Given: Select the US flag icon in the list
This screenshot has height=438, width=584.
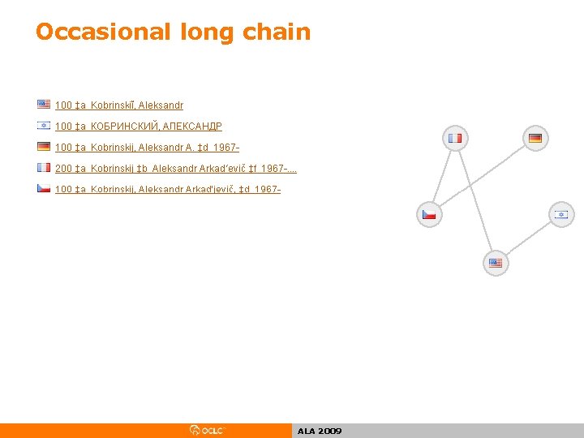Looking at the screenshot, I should coord(44,105).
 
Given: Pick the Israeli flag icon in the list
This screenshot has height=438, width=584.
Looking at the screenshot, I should coord(44,126).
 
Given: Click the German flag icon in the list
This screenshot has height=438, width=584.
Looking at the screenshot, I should coord(44,147).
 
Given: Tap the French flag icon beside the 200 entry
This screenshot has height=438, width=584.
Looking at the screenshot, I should coord(44,168).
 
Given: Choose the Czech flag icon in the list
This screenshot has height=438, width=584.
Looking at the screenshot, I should coord(44,188).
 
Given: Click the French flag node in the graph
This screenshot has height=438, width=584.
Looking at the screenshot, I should coord(455,138).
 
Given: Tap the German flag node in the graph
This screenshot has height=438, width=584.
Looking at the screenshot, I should coord(535,138).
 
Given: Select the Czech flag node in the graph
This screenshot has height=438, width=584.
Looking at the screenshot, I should coord(429,214).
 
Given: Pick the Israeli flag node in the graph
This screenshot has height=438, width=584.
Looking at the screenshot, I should coord(560,214).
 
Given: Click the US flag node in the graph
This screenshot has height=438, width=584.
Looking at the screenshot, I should coord(496,263).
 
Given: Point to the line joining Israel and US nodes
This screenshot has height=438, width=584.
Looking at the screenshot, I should coord(528,238).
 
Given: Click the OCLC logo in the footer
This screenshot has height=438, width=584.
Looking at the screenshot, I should coord(208,431).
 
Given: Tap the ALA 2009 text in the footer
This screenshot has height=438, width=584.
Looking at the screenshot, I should coord(320,432).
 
